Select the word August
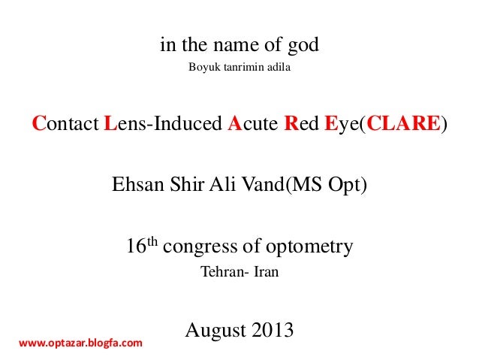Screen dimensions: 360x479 tap(213, 330)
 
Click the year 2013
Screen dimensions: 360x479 tap(271, 330)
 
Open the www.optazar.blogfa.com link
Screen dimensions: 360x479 tap(80, 343)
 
